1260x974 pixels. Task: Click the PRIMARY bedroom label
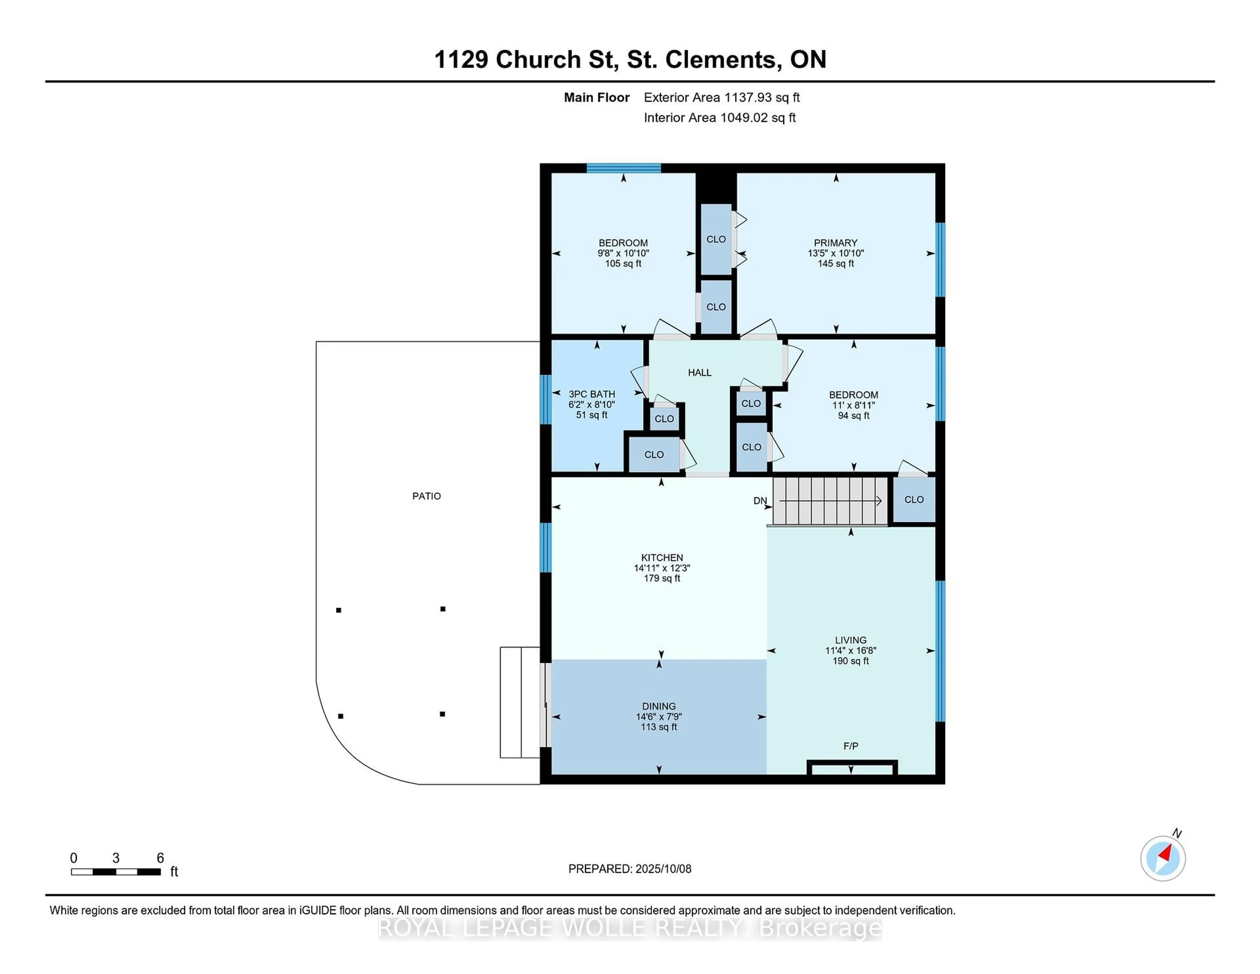[x=835, y=243]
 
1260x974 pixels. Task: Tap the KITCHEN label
[x=662, y=558]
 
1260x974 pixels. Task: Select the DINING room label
[x=659, y=706]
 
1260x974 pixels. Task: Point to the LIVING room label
[x=850, y=640]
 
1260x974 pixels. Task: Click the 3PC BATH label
[x=592, y=394]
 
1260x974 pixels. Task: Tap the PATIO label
[x=426, y=496]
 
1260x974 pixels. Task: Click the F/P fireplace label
[x=850, y=746]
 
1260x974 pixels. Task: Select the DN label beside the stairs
[x=760, y=501]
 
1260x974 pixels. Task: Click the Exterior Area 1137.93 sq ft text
[x=722, y=97]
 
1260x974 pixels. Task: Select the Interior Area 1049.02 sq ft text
[x=720, y=118]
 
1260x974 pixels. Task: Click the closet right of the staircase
[x=914, y=500]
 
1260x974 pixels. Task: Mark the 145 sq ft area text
[x=835, y=264]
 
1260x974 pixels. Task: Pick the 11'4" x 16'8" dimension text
[x=850, y=650]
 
